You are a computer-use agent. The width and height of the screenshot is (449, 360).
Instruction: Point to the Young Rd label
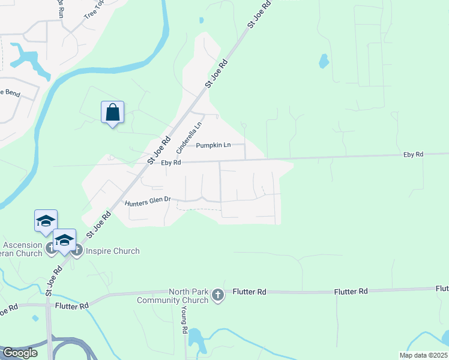184,322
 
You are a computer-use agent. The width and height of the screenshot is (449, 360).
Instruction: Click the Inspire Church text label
113,251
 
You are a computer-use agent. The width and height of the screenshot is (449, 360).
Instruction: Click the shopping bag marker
113,112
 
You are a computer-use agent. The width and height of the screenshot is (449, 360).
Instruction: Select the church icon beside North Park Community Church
217,295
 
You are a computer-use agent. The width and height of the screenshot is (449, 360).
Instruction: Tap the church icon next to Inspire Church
77,251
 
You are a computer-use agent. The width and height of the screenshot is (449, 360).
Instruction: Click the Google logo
19,353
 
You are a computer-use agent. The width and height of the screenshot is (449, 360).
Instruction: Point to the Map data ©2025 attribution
423,355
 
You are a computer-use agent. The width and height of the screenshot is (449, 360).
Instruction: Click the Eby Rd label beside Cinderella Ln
171,163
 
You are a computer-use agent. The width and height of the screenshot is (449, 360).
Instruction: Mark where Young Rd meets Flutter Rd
182,293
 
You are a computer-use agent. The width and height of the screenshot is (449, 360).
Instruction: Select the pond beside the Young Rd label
196,339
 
